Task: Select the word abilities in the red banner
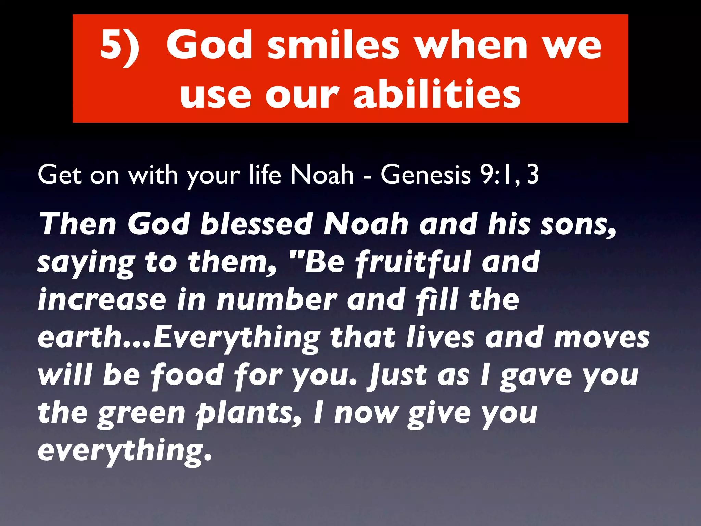click(x=437, y=94)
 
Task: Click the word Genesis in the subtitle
click(x=426, y=175)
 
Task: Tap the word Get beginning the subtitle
click(x=60, y=175)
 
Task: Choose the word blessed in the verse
click(x=256, y=224)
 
